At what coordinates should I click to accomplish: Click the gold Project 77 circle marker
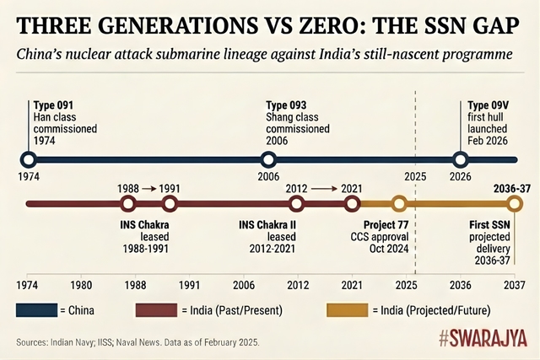pos(399,203)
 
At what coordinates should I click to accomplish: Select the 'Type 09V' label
pos(489,105)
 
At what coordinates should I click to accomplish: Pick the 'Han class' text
pos(56,116)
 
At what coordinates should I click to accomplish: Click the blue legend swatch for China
pos(36,311)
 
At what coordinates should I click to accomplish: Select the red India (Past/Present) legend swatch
pos(156,311)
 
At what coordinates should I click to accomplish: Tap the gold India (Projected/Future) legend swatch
pos(347,311)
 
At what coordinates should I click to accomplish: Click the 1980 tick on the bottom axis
pos(82,284)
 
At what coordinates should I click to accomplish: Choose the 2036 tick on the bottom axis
pos(461,284)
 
